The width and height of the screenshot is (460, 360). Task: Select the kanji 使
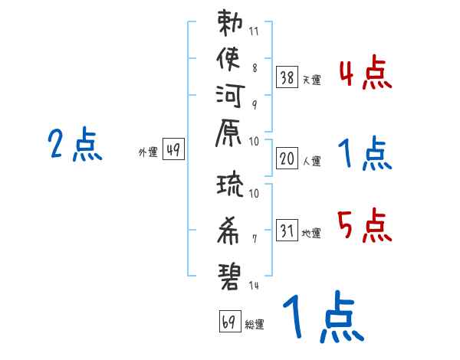point(228,59)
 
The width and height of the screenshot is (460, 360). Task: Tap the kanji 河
point(230,96)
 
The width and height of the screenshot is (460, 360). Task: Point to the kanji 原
point(228,133)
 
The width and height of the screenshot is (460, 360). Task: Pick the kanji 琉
point(230,185)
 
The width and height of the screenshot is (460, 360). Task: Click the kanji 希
point(228,231)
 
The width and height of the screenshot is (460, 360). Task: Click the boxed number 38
point(287,77)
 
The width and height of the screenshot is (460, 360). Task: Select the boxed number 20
point(287,159)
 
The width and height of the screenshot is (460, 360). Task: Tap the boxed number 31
point(287,230)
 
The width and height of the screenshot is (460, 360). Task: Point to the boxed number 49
point(173,149)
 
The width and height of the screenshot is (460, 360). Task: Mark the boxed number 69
point(230,321)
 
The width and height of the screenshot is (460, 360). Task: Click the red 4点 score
point(366,72)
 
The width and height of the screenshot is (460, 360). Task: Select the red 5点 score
point(365,225)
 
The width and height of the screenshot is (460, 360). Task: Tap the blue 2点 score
point(75,144)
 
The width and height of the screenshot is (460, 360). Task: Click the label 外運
point(148,152)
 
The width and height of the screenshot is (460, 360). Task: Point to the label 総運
point(255,325)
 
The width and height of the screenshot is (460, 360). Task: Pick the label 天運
point(311,80)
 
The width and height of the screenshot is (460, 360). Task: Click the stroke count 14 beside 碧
point(254,285)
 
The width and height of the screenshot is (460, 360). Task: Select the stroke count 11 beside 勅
point(254,31)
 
